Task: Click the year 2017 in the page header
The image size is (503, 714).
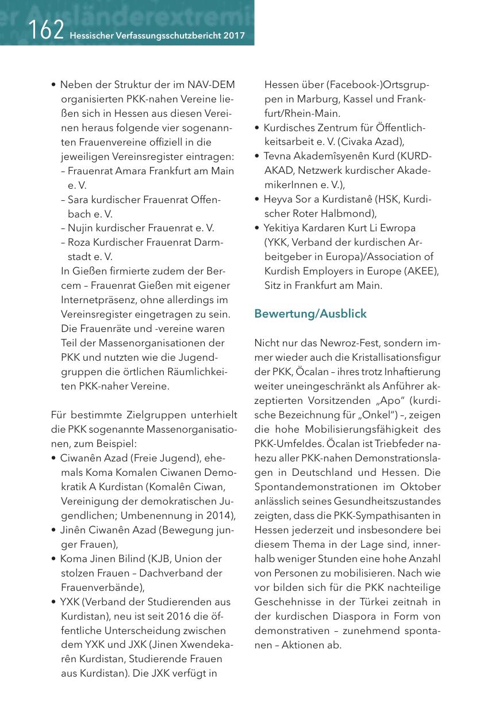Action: (235, 36)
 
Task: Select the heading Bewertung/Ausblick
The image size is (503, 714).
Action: (310, 314)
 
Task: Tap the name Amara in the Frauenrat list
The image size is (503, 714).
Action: (135, 171)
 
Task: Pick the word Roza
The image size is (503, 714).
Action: (79, 243)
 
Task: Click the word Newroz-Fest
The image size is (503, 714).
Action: (320, 343)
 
